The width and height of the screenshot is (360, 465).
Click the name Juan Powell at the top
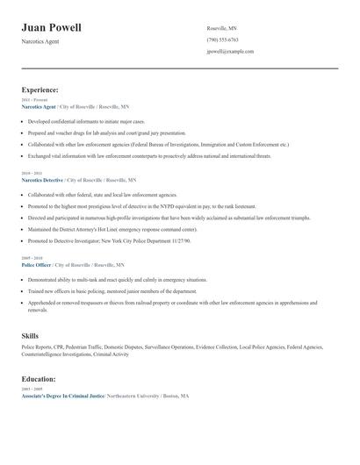[x=51, y=27]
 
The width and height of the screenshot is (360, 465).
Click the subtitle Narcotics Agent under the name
[x=40, y=41]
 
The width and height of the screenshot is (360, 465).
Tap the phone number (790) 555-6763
[x=222, y=39]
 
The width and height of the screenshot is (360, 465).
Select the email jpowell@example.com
[x=230, y=51]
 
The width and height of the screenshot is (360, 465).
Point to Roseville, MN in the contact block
[x=221, y=28]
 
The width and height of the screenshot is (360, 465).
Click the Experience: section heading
[x=40, y=89]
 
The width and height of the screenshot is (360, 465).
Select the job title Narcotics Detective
[x=42, y=179]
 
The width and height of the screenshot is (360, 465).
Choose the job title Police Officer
[x=37, y=264]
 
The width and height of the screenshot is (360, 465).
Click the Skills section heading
[x=30, y=336]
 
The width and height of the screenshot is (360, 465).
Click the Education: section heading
[x=39, y=379]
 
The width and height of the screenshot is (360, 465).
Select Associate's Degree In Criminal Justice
[x=62, y=397]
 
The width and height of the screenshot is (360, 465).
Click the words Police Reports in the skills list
[x=38, y=347]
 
